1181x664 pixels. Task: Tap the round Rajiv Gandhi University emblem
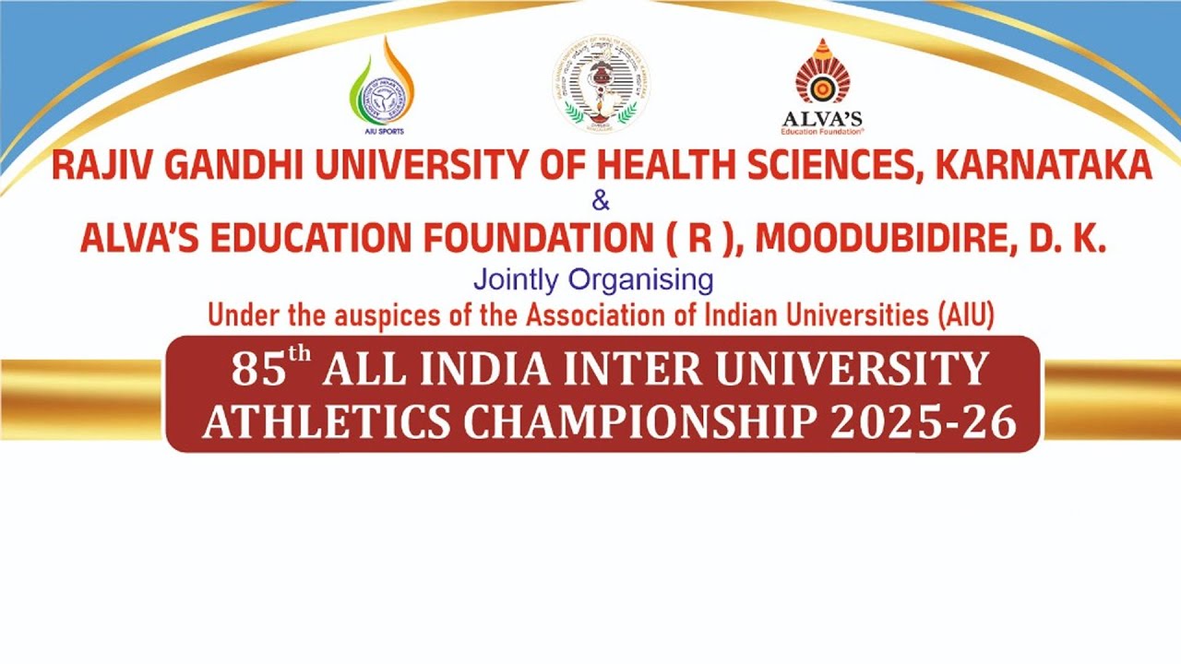coord(601,85)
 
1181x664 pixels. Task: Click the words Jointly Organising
coord(592,278)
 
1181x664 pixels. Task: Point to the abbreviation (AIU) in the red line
coord(965,315)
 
